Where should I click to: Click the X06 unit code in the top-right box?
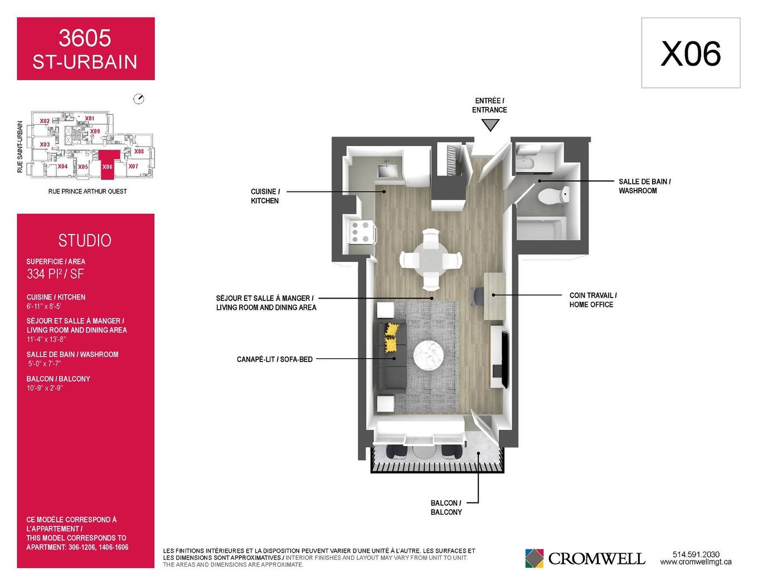[x=691, y=53]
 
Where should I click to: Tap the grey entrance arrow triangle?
[x=490, y=124]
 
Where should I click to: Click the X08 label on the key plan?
[x=139, y=152]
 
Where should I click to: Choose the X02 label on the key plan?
[x=45, y=121]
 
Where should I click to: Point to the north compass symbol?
[x=139, y=99]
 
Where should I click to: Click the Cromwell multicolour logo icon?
[x=534, y=558]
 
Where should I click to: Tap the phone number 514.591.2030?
[x=696, y=554]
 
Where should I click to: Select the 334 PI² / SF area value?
[x=56, y=274]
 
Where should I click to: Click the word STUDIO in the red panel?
[x=85, y=241]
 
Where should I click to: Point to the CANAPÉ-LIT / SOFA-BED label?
[x=275, y=359]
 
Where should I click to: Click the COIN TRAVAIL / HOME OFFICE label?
[x=593, y=300]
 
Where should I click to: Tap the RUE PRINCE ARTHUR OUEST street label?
[x=88, y=192]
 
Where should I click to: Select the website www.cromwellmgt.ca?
[x=696, y=562]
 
